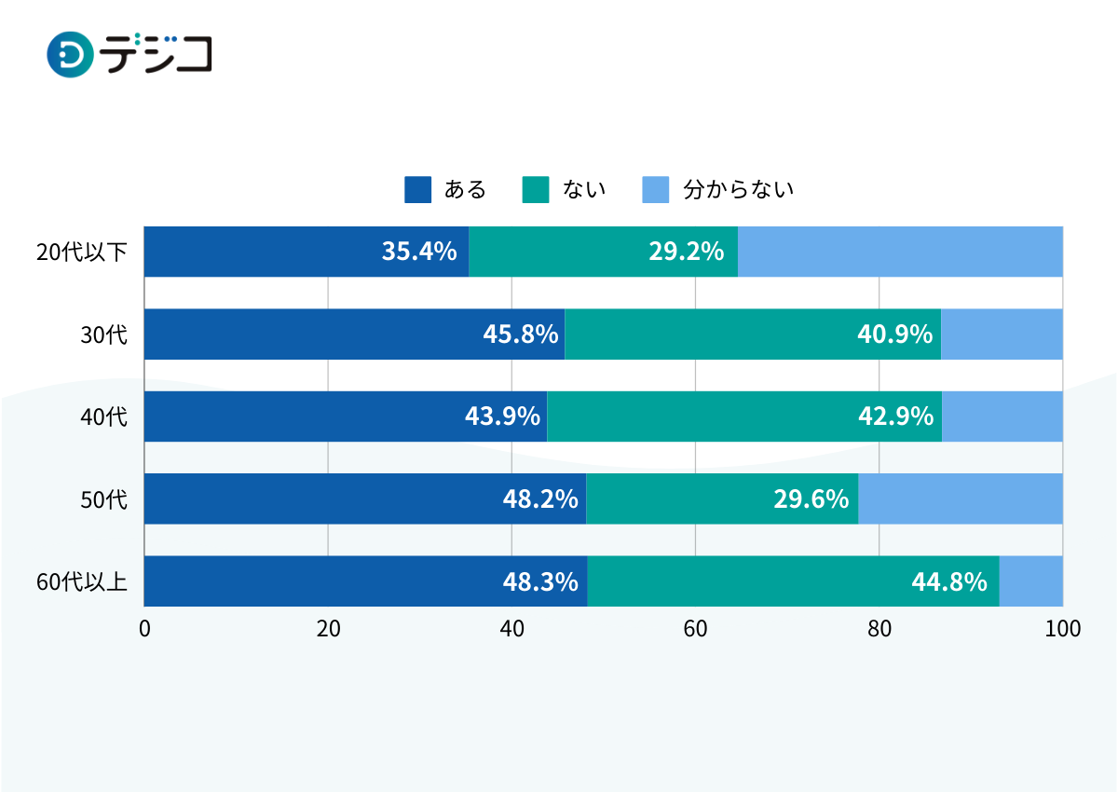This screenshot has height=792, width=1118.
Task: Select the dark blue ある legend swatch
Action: point(417,189)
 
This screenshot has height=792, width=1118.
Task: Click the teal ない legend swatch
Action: point(536,189)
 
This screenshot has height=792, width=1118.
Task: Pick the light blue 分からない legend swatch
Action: point(656,189)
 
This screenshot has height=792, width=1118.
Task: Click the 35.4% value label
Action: point(419,252)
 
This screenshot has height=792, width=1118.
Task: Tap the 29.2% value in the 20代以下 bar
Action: point(687,252)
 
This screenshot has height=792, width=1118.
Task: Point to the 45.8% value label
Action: point(520,335)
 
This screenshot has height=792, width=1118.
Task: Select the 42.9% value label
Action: point(895,416)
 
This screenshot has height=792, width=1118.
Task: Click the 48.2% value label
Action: point(540,499)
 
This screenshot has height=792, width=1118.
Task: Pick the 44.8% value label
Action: point(948,581)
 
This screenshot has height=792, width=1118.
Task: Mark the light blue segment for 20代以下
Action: point(900,252)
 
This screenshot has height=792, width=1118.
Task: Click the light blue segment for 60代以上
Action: point(1031,581)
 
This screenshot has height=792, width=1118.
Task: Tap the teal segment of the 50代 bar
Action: point(722,499)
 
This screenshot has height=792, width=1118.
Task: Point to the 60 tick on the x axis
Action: point(695,629)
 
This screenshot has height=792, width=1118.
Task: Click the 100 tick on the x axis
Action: point(1063,629)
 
